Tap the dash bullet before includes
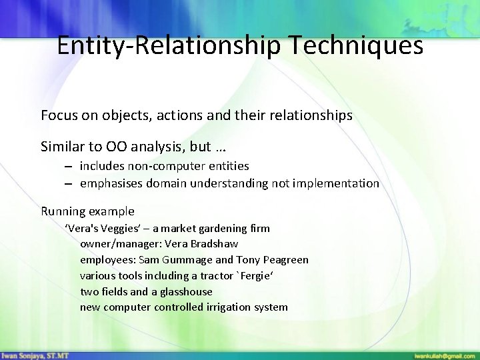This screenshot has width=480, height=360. pos(69,165)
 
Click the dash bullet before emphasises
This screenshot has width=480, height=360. pos(69,183)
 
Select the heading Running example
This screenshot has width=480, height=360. pos(87,211)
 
